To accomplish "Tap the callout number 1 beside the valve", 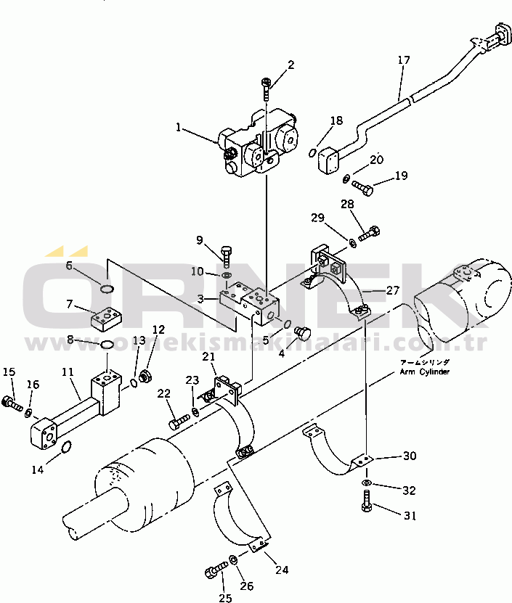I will [x=177, y=127].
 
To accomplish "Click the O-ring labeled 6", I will [x=107, y=290].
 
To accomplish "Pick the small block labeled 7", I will [x=105, y=318].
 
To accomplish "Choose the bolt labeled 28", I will [x=370, y=233].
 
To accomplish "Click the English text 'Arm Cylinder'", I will [x=424, y=372].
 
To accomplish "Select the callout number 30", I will [x=410, y=456].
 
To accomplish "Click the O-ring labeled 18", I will [x=313, y=153].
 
